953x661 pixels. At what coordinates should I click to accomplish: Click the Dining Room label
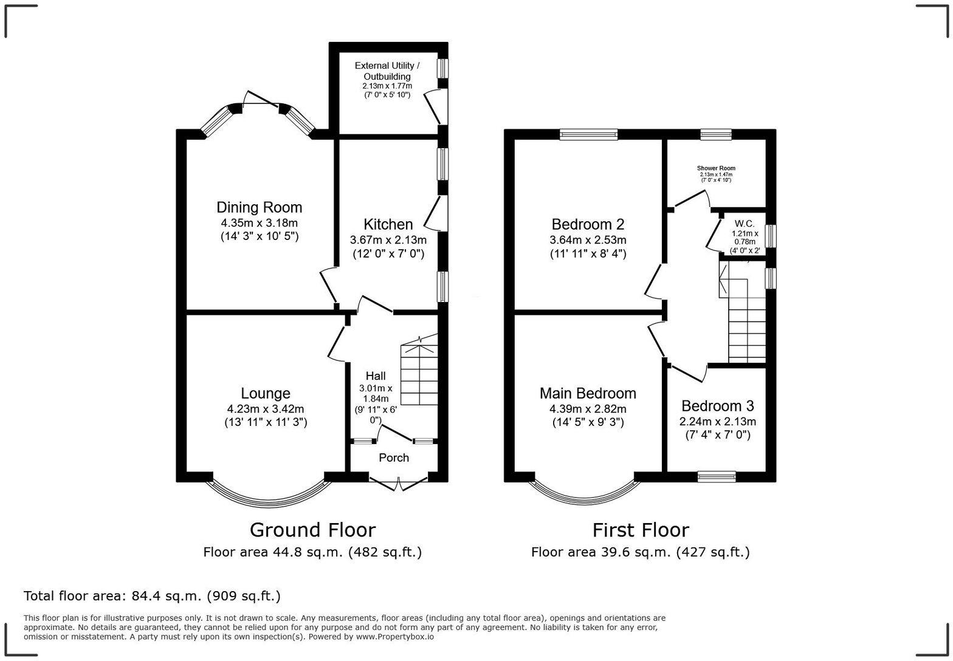point(259,208)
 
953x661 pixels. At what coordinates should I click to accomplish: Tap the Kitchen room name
point(388,224)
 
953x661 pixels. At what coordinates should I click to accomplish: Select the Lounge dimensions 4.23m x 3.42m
point(265,409)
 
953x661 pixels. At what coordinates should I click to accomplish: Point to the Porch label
point(394,457)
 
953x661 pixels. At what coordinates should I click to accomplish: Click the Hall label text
point(376,376)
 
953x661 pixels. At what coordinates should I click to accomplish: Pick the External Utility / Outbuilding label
point(387,71)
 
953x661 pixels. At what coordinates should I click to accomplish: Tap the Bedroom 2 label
point(588,224)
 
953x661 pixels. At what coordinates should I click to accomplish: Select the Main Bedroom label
point(588,394)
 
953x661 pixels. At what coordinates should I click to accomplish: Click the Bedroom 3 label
point(717,406)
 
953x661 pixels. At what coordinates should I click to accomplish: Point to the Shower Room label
point(716,168)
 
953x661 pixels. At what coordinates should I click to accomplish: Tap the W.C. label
point(745,224)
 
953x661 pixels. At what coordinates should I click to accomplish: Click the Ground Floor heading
point(312,530)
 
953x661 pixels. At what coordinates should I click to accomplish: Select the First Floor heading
point(641,530)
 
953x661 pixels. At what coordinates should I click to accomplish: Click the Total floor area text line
point(152,596)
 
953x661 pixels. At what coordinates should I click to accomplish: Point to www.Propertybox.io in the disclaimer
point(394,637)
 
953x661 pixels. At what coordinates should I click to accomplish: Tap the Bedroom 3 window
point(717,476)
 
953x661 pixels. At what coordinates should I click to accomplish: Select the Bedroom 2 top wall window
point(588,134)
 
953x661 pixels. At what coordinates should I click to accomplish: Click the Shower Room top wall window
point(716,134)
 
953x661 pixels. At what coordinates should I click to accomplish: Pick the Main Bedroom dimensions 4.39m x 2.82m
point(588,409)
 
